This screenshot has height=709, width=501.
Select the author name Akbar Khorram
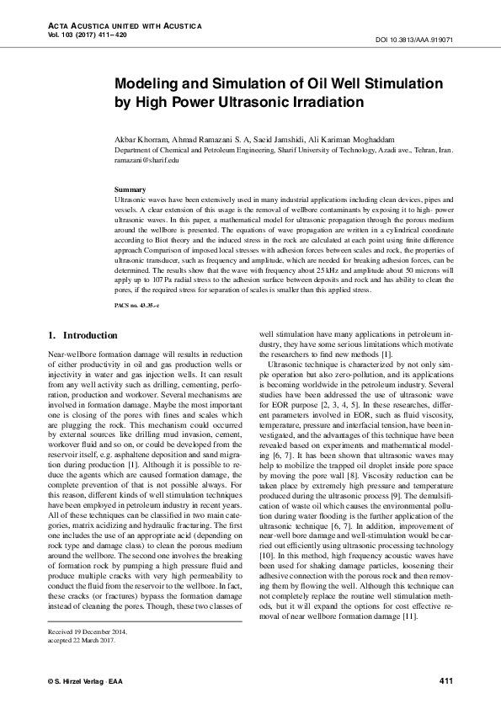[143, 138]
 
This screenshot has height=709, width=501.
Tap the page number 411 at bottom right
[447, 680]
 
